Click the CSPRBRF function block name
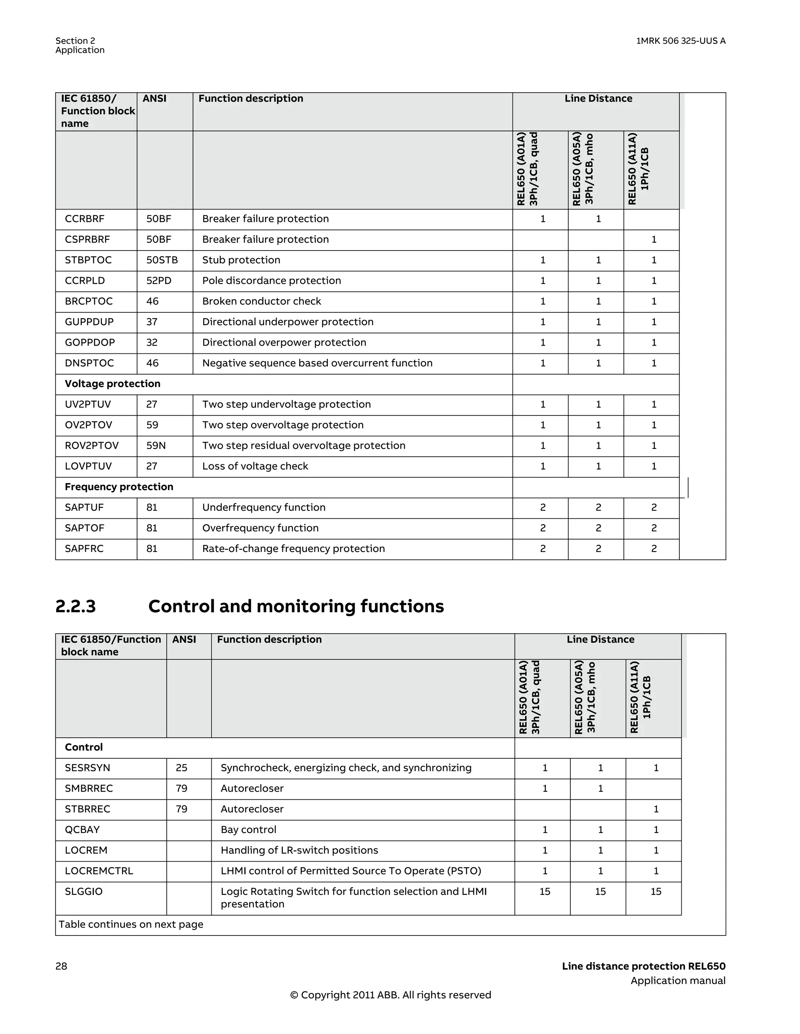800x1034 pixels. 87,240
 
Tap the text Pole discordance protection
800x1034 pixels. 271,281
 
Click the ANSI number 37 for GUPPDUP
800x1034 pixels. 152,322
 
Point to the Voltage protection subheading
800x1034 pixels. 112,384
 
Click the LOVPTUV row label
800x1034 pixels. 88,466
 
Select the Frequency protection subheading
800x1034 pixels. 119,487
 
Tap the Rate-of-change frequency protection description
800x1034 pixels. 293,549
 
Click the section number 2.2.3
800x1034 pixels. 76,606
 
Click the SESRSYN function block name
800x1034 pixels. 87,768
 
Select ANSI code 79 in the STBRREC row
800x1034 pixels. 181,809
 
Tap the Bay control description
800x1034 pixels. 248,830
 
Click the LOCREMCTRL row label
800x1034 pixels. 99,871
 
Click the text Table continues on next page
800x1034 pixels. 130,925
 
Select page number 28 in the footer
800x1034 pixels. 61,966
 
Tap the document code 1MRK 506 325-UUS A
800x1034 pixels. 680,41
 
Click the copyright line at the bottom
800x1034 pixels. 390,995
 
